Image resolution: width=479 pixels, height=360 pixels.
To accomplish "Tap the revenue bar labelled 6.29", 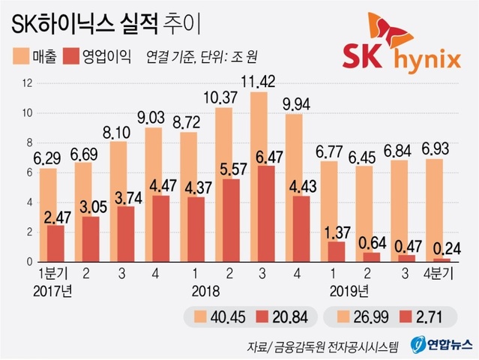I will click(x=48, y=215).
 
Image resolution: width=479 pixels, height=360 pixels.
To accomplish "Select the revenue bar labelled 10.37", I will click(x=223, y=184).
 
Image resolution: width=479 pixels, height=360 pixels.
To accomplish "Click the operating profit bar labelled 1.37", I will click(x=316, y=252).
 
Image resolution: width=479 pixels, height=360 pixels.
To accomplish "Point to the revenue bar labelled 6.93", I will click(x=433, y=211).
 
